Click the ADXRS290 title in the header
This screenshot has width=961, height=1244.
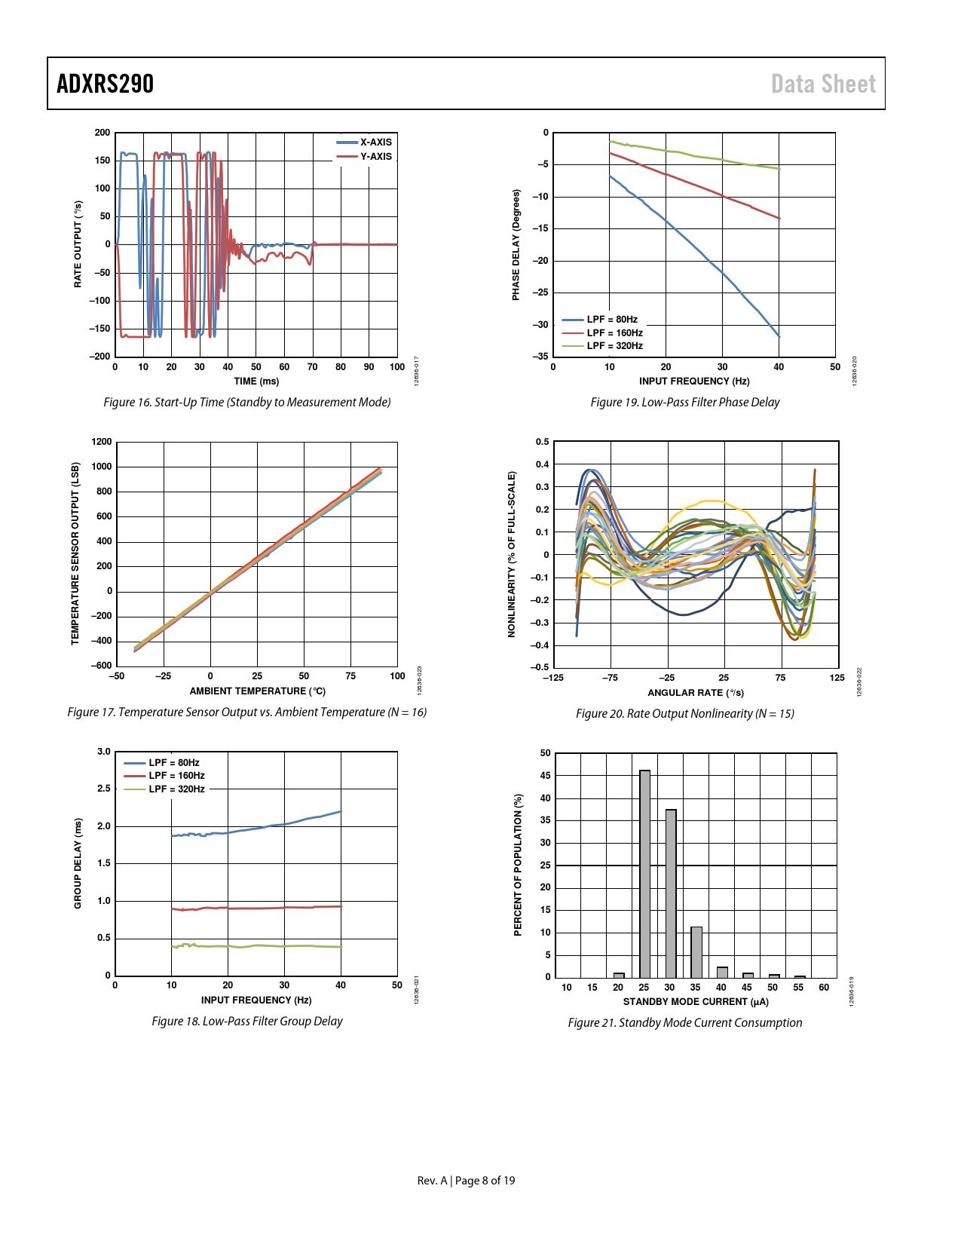point(106,84)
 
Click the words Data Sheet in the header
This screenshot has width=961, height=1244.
point(823,84)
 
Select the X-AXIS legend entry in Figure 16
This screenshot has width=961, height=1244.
point(375,142)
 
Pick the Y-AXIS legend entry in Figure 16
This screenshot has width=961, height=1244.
point(375,156)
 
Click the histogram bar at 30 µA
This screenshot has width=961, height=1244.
point(671,893)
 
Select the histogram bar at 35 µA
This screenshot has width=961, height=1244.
point(696,951)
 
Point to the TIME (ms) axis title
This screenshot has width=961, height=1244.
point(256,381)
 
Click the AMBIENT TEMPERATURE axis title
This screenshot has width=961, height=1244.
point(257,691)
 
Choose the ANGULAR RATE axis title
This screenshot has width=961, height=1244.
point(696,692)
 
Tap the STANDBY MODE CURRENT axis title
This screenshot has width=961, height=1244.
point(696,1001)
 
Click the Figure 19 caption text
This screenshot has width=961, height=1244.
point(684,403)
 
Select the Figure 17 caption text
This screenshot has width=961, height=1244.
point(247,712)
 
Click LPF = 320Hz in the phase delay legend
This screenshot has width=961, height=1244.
point(614,346)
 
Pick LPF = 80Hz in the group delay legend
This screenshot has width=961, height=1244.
point(173,763)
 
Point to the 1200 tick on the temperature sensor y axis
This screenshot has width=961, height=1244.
point(102,442)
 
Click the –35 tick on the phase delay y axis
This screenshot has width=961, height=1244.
point(541,357)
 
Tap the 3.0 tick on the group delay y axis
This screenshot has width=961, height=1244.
point(104,752)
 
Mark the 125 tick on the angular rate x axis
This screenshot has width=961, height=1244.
point(837,677)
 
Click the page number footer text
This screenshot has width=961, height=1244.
point(467,1180)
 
